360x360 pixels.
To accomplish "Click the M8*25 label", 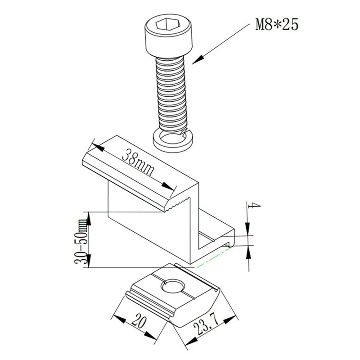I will [x=277, y=24].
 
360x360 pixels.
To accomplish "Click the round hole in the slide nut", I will [x=173, y=285].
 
